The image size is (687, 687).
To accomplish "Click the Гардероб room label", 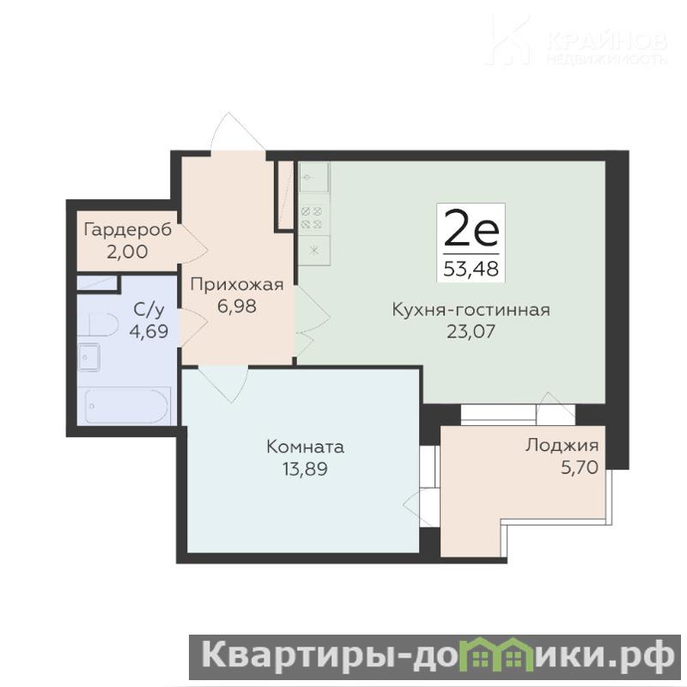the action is click(x=127, y=229).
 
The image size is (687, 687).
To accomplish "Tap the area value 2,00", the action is click(x=127, y=252).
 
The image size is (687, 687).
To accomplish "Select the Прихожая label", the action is click(x=237, y=285).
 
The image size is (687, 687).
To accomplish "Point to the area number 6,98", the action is click(x=237, y=307).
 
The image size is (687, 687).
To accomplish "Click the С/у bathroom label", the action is click(x=149, y=310).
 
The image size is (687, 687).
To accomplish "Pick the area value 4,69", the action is click(x=149, y=331).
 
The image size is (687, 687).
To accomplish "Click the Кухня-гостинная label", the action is click(x=471, y=310).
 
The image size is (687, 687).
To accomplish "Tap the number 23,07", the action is click(x=471, y=331).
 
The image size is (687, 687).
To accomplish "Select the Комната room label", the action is click(x=306, y=447).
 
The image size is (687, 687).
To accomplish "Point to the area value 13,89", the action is click(x=306, y=469).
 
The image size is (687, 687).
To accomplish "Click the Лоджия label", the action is click(x=562, y=445).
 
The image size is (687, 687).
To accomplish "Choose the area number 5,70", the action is click(x=580, y=467).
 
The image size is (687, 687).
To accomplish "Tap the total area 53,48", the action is click(x=471, y=269).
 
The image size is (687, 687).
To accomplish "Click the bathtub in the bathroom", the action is click(x=126, y=405).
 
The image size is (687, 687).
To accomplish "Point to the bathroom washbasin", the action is click(x=89, y=357).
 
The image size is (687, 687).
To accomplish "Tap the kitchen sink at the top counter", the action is click(x=313, y=177).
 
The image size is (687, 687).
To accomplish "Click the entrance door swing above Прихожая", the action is click(x=238, y=131).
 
